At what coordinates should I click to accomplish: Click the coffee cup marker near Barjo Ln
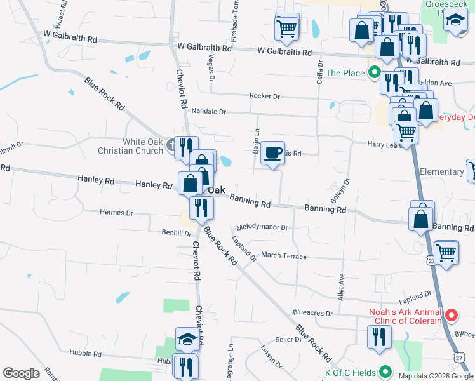pyautogui.click(x=272, y=153)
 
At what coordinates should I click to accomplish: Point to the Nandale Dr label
pyautogui.click(x=209, y=111)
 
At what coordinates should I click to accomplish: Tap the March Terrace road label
pyautogui.click(x=283, y=255)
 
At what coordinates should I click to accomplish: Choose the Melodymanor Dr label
pyautogui.click(x=262, y=227)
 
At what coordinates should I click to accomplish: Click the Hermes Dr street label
pyautogui.click(x=116, y=213)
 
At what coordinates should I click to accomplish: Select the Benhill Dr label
pyautogui.click(x=177, y=233)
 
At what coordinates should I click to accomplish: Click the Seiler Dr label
pyautogui.click(x=288, y=340)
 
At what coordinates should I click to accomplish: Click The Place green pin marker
pyautogui.click(x=374, y=73)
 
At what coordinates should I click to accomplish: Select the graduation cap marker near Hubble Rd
pyautogui.click(x=187, y=340)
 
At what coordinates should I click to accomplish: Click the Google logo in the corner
pyautogui.click(x=21, y=373)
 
